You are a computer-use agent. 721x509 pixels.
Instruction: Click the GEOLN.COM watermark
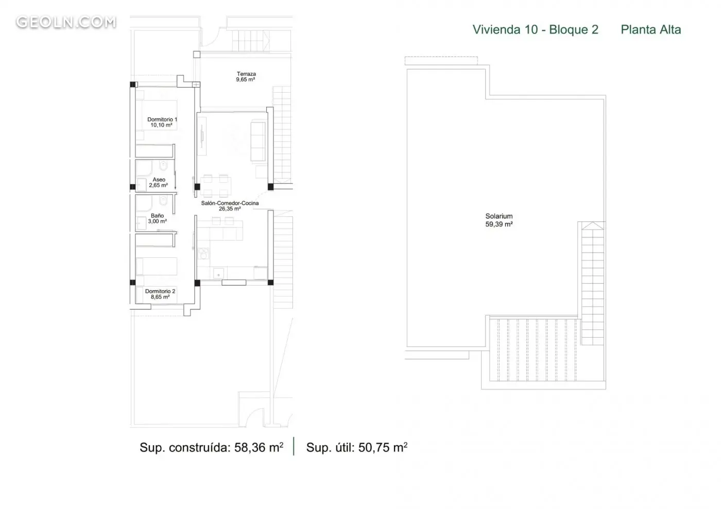point(66,22)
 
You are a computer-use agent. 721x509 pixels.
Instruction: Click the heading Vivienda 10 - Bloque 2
point(535,30)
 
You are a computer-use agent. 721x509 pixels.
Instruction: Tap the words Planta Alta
point(651,30)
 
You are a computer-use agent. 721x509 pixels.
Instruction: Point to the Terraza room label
point(246,77)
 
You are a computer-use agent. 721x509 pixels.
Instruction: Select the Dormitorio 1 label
point(162,122)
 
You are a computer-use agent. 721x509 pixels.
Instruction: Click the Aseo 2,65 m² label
point(159,182)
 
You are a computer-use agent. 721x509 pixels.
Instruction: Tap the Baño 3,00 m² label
point(158,218)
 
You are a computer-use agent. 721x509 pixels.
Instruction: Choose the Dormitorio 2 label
point(160,294)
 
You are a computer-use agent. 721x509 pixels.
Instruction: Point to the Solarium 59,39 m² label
point(499,220)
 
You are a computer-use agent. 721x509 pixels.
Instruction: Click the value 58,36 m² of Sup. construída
point(259,447)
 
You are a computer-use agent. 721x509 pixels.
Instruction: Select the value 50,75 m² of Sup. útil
point(383,447)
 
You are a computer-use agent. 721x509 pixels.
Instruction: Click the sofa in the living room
point(259,141)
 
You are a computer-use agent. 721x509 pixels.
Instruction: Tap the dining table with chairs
point(216,186)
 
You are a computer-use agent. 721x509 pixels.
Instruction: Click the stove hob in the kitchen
point(203,253)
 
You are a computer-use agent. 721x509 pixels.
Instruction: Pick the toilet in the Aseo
point(163,165)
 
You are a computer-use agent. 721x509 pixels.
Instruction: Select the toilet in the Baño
point(163,201)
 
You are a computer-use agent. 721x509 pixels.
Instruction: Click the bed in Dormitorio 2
point(157,267)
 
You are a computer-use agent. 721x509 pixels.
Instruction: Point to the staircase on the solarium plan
point(593,284)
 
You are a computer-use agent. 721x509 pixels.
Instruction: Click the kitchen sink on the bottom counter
point(218,274)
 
